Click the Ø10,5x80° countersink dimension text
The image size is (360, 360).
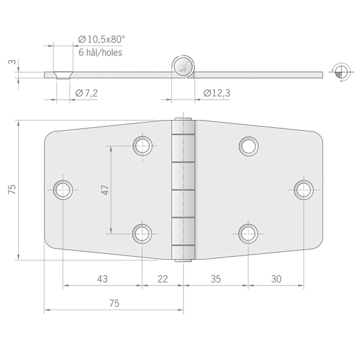[x=101, y=40]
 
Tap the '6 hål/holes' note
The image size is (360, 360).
[x=100, y=53]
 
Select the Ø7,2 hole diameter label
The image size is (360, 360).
[x=86, y=93]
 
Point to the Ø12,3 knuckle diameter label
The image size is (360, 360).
[x=217, y=93]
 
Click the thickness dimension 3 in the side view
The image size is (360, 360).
[x=13, y=62]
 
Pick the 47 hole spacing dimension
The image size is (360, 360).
[x=106, y=190]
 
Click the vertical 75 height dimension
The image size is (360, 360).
[x=12, y=190]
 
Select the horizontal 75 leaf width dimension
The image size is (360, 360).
[x=114, y=304]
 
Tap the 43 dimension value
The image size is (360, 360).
[x=102, y=279]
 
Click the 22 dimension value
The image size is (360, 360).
[x=163, y=279]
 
